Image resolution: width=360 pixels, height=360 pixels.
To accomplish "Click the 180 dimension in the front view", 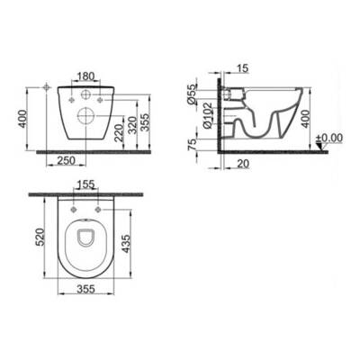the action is pyautogui.click(x=85, y=76).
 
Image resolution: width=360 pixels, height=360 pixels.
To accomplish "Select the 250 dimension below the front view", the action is pyautogui.click(x=67, y=160).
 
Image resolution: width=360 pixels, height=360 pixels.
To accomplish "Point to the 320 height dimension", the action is pyautogui.click(x=132, y=125).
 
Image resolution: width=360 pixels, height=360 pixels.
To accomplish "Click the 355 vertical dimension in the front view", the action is pyautogui.click(x=145, y=121).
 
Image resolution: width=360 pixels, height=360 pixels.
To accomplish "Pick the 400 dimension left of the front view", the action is pyautogui.click(x=22, y=119).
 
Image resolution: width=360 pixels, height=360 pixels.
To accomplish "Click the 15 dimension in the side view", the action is pyautogui.click(x=243, y=68).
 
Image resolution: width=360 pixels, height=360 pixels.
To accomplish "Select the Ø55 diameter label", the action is pyautogui.click(x=192, y=94).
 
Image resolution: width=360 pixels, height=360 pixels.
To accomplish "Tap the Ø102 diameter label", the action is pyautogui.click(x=208, y=115).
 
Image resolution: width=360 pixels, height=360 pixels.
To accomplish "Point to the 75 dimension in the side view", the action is pyautogui.click(x=192, y=144).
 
